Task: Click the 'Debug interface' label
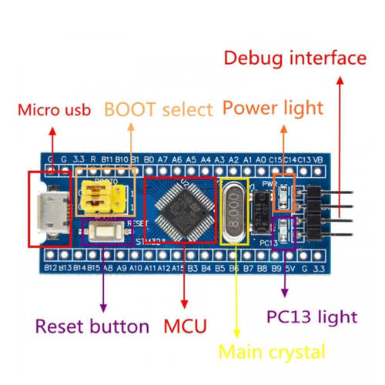click(295, 58)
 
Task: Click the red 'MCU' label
click(185, 326)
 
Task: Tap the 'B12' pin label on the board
click(51, 268)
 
